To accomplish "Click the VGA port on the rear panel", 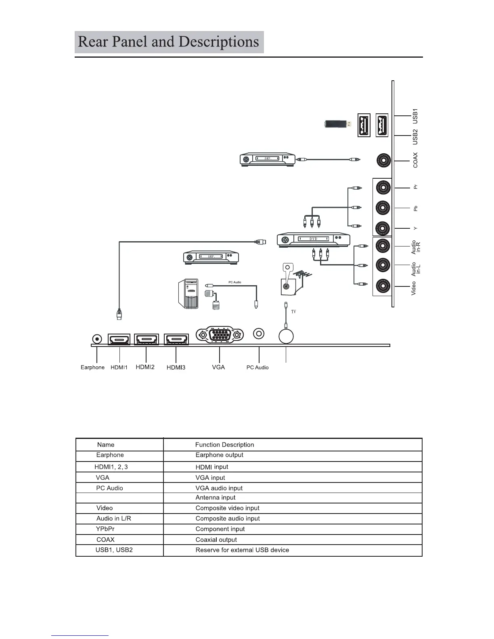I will pos(220,335).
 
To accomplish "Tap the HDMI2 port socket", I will pos(146,339).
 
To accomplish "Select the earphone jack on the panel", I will pos(97,338).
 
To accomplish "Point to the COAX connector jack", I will pos(383,161).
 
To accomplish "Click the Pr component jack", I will pos(383,188).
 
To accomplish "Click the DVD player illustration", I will pos(314,240).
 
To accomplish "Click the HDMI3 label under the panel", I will pos(176,368).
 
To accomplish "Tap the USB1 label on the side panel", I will pos(415,116).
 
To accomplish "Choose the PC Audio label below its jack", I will pos(257,368).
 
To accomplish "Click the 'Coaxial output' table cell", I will pos(216,540).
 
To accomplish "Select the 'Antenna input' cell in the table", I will pos(216,498).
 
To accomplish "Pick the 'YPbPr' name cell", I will pos(105,529).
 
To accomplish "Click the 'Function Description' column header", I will pos(224,445).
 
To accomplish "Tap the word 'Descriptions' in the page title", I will pos(218,42).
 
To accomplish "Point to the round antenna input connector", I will pos(286,336).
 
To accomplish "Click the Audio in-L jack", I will pos(383,265).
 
